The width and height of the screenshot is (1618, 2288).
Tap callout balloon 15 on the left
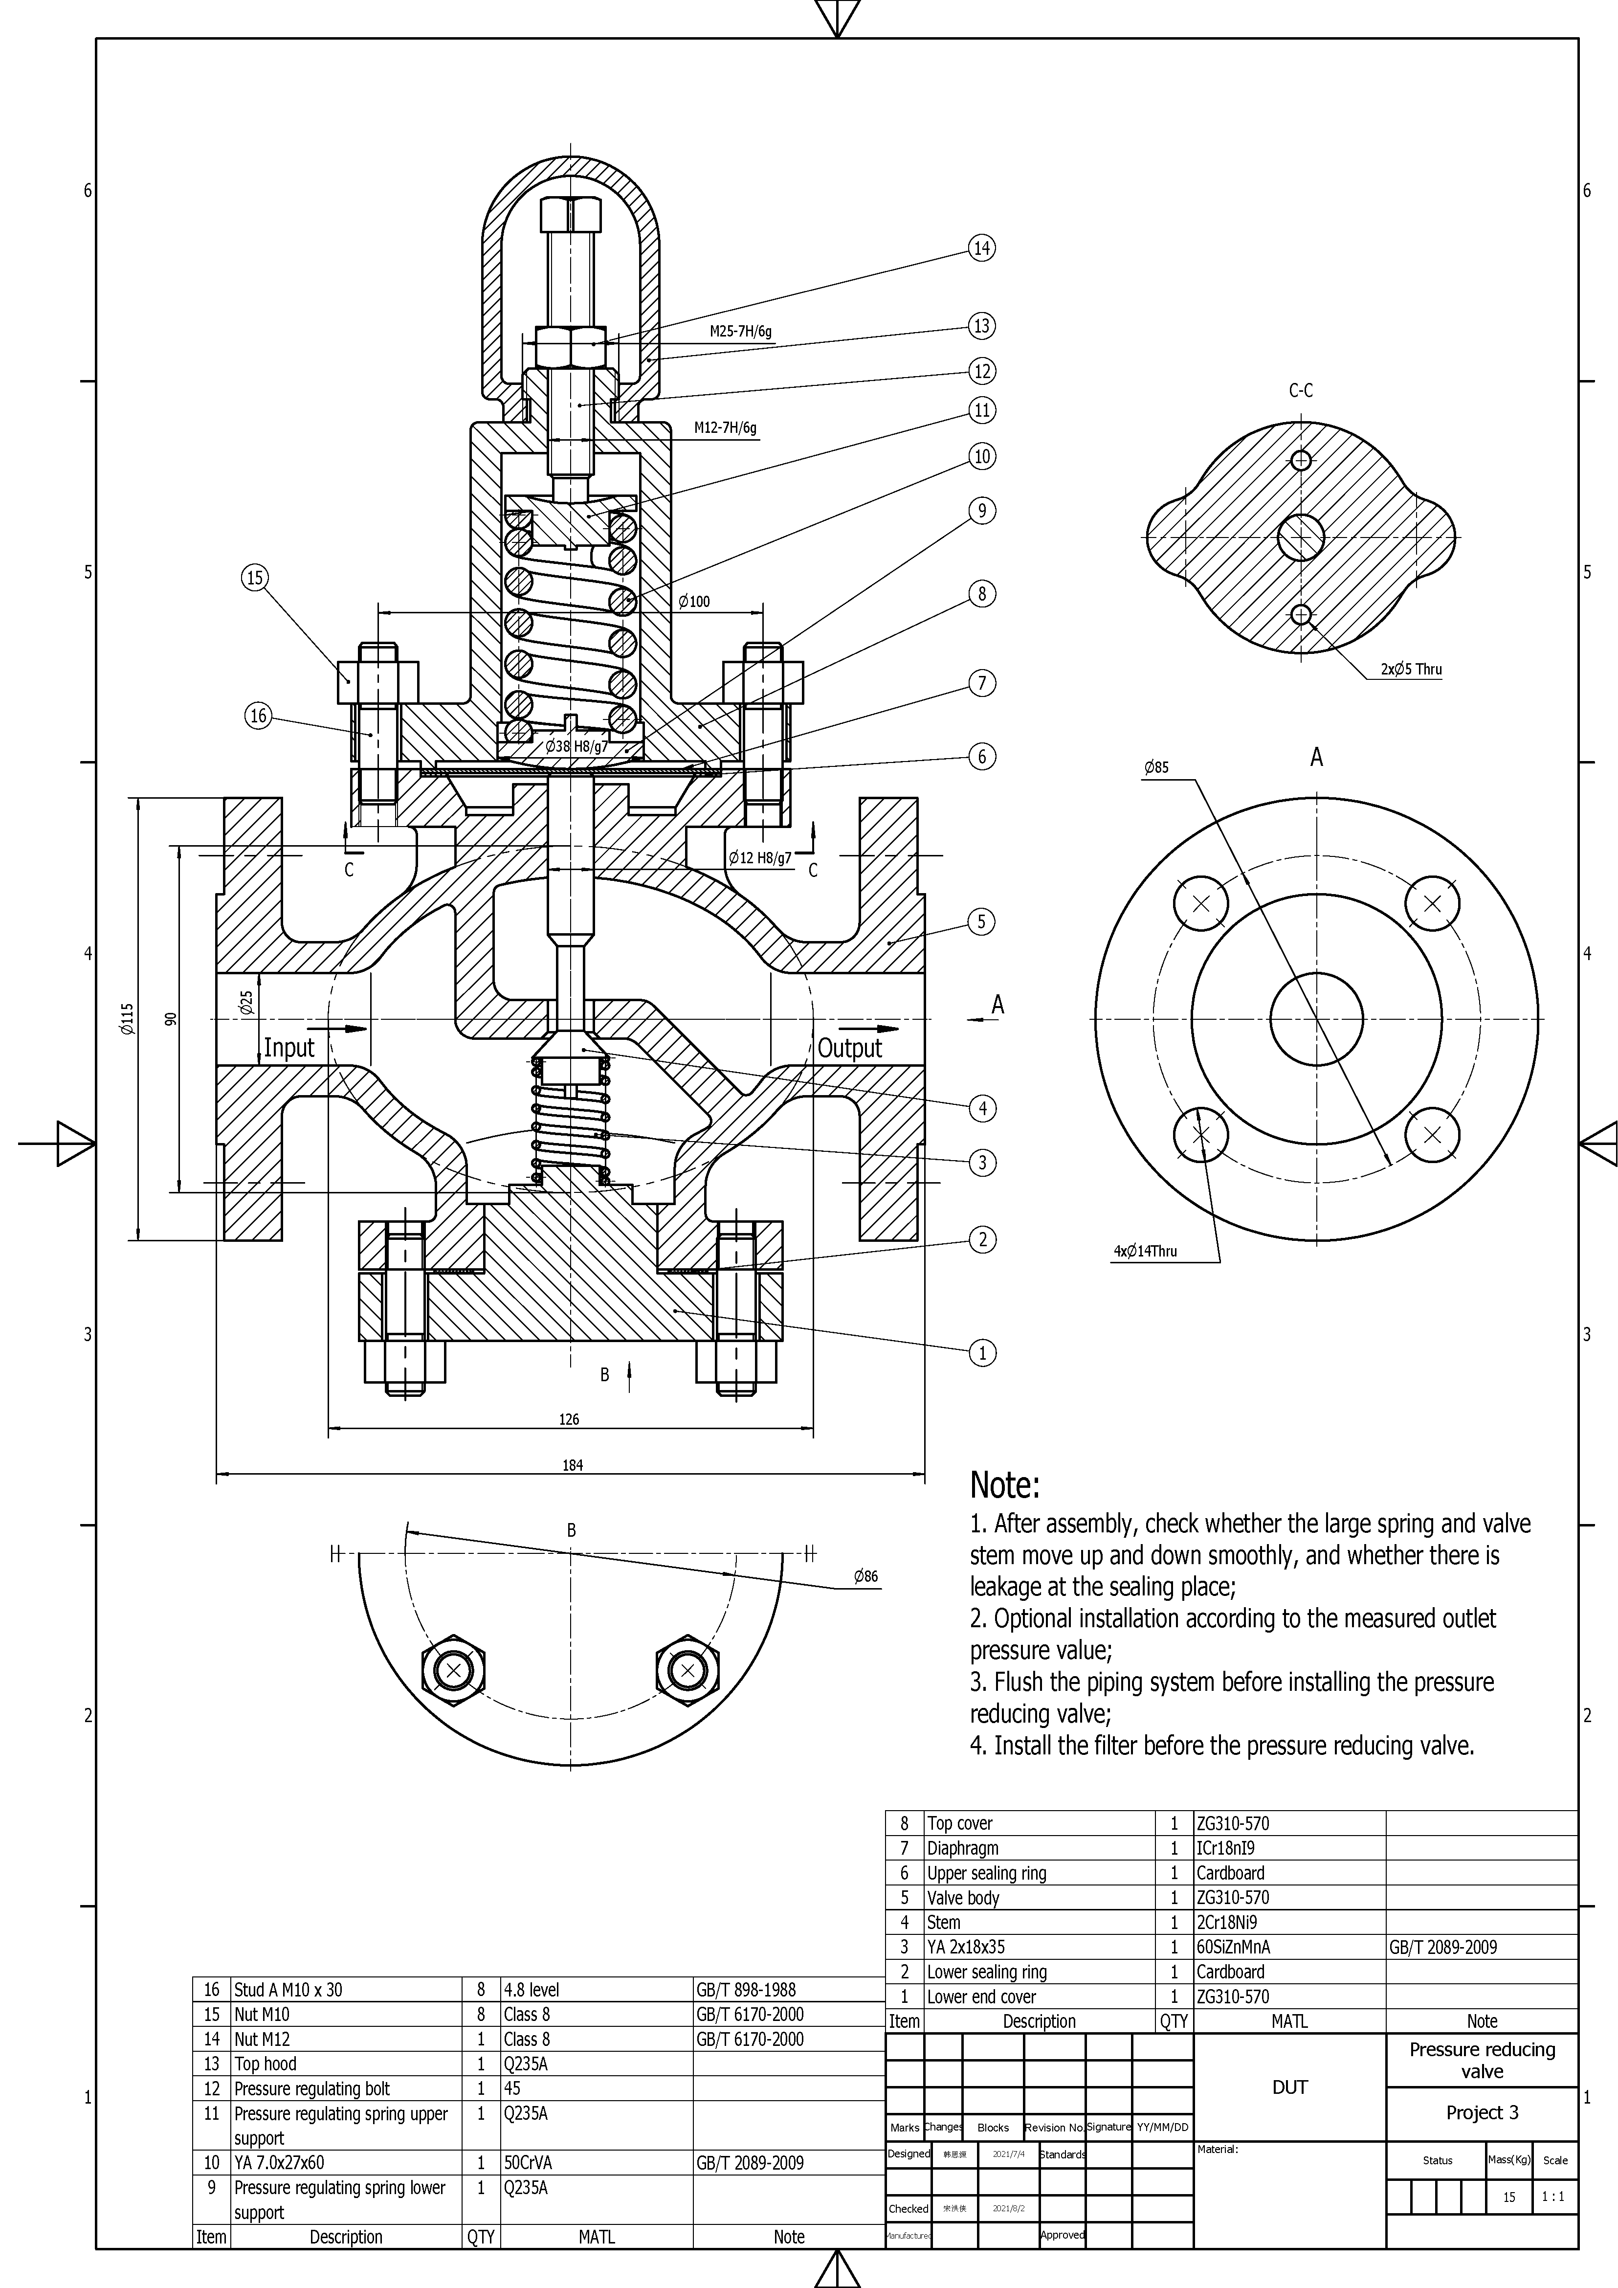[255, 578]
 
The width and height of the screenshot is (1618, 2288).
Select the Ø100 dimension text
[693, 602]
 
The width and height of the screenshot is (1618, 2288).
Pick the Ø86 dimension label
[866, 1576]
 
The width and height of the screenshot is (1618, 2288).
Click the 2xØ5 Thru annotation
[1411, 670]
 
